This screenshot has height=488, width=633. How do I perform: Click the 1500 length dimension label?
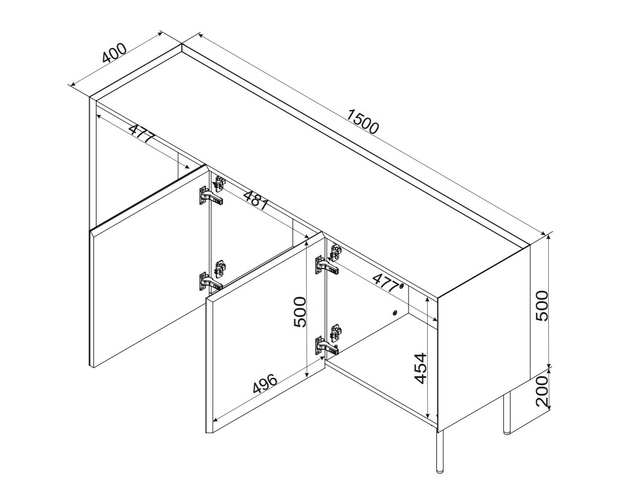click(x=363, y=121)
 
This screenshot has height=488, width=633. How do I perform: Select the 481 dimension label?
click(x=256, y=199)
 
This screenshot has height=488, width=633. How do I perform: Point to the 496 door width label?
click(x=265, y=384)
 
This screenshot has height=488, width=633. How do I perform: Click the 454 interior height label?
click(x=420, y=368)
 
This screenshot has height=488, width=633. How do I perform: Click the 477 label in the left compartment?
click(x=142, y=132)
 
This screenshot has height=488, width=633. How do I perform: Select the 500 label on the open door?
click(x=300, y=312)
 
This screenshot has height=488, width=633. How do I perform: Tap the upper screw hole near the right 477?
click(x=401, y=286)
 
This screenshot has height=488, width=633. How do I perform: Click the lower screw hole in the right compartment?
click(x=395, y=312)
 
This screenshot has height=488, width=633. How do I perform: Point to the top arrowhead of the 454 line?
click(x=428, y=299)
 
